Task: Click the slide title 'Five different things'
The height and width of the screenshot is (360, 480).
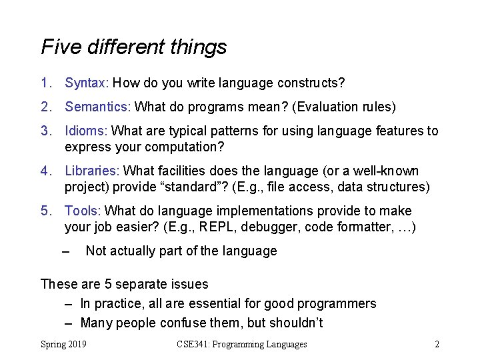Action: click(133, 47)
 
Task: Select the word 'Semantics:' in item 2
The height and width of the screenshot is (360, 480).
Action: click(98, 107)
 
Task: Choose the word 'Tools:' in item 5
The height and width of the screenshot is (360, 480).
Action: click(83, 211)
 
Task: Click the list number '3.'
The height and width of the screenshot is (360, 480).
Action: click(46, 131)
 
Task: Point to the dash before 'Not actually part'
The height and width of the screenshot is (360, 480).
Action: click(65, 251)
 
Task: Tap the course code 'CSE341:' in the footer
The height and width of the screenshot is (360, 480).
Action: click(195, 345)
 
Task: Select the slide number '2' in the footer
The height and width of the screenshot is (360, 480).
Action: click(436, 345)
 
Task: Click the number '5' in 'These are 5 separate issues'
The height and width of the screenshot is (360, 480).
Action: click(107, 285)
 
